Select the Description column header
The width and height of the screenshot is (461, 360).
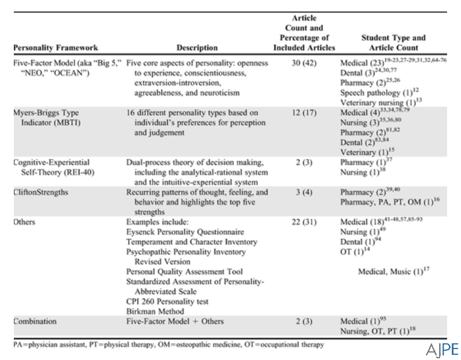(x=198, y=48)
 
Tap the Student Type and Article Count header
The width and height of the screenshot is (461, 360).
(x=393, y=43)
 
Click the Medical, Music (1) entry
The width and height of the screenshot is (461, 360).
(x=394, y=271)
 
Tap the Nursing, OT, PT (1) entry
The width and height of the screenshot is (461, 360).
(x=381, y=331)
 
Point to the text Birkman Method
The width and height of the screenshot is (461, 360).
(x=154, y=311)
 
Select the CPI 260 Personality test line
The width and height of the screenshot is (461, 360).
(x=168, y=301)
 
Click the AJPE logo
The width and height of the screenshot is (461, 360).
(x=442, y=350)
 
